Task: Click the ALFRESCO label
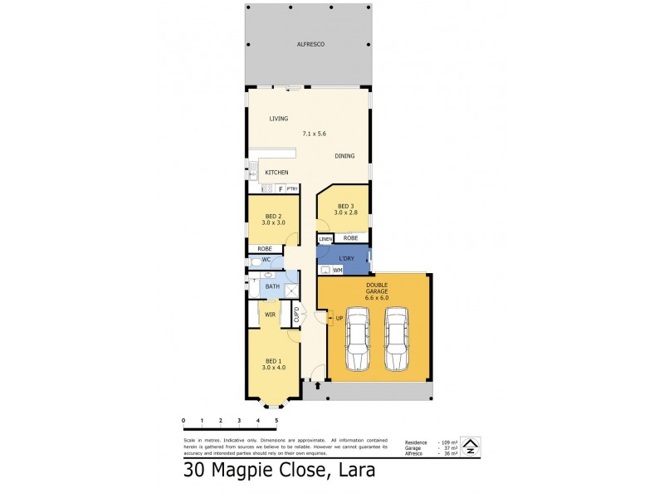click(x=309, y=44)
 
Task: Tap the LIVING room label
click(x=278, y=119)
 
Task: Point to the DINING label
click(x=344, y=156)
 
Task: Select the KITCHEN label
click(x=276, y=173)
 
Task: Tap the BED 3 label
click(x=344, y=207)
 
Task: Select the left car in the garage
click(x=358, y=341)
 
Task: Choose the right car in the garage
click(x=398, y=341)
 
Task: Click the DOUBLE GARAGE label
click(x=377, y=290)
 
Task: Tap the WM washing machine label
click(x=338, y=270)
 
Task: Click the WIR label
click(x=270, y=315)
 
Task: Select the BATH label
click(x=272, y=286)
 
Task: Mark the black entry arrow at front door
click(x=317, y=385)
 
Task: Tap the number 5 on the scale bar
click(x=276, y=422)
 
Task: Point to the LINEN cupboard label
click(x=325, y=239)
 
